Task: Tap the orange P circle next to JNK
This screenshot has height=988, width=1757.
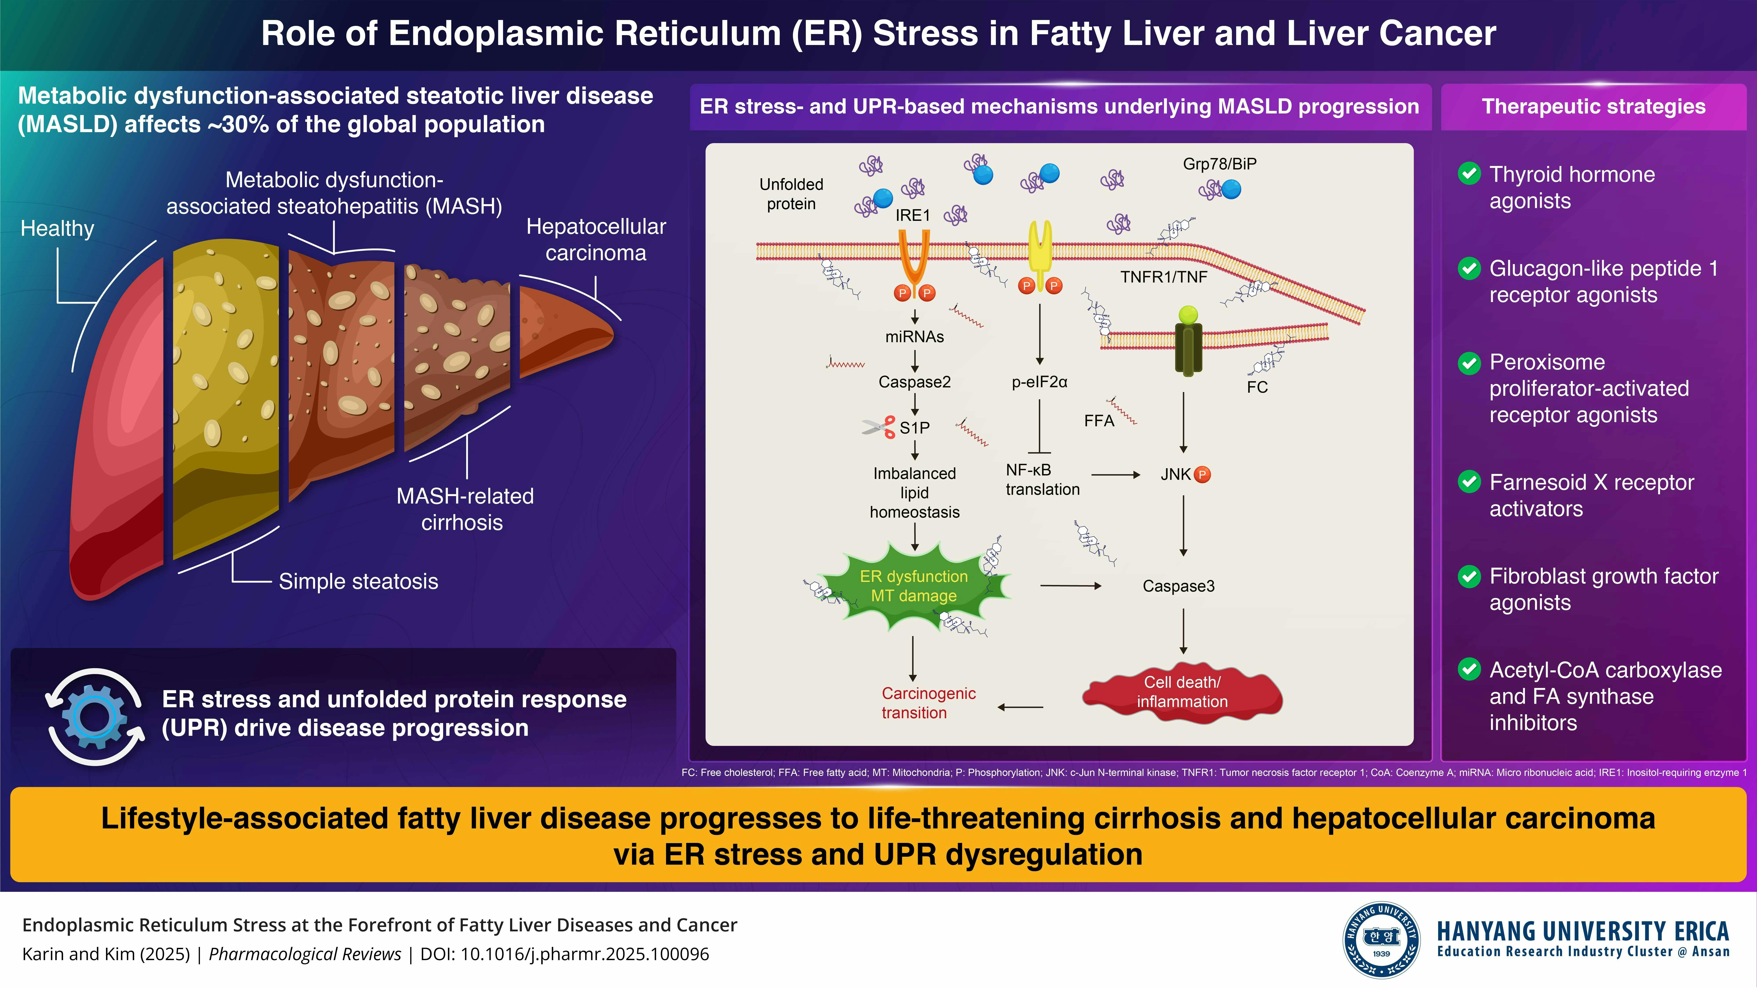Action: pyautogui.click(x=1203, y=475)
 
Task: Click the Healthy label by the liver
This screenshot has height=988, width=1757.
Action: pyautogui.click(x=57, y=229)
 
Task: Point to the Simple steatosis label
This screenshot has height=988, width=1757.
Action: pyautogui.click(x=358, y=582)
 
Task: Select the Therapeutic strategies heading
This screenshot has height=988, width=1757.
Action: pyautogui.click(x=1593, y=107)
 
